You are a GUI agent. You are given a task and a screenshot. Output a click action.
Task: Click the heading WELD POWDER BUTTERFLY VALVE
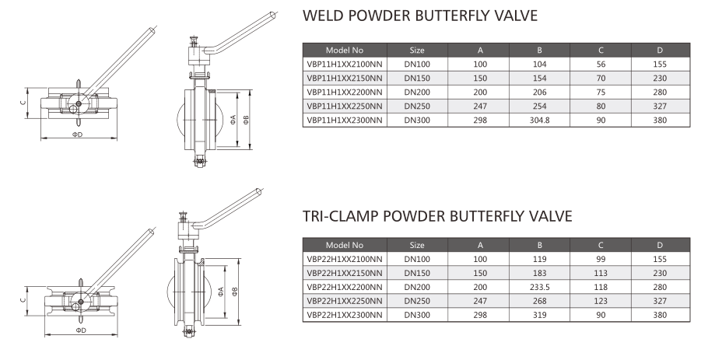point(419,16)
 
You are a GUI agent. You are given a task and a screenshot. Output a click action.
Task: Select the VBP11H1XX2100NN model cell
point(345,64)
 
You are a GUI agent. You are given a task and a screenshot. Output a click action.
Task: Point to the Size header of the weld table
point(416,50)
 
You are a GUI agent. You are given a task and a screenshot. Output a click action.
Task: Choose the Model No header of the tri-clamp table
point(345,244)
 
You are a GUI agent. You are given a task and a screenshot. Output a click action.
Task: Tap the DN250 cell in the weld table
point(416,106)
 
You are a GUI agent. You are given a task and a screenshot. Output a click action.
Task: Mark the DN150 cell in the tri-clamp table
point(416,272)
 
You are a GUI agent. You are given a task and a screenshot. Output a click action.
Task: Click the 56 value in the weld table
point(601,64)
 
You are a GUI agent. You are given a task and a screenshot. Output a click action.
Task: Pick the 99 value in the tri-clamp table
point(601,258)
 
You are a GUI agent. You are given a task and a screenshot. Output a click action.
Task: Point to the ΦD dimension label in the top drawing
point(78,135)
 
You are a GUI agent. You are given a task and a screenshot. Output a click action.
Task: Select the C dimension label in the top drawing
point(23,102)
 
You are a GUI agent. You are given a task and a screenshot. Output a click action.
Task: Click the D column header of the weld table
point(660,50)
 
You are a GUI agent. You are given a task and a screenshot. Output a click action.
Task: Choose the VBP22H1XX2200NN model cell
point(345,286)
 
